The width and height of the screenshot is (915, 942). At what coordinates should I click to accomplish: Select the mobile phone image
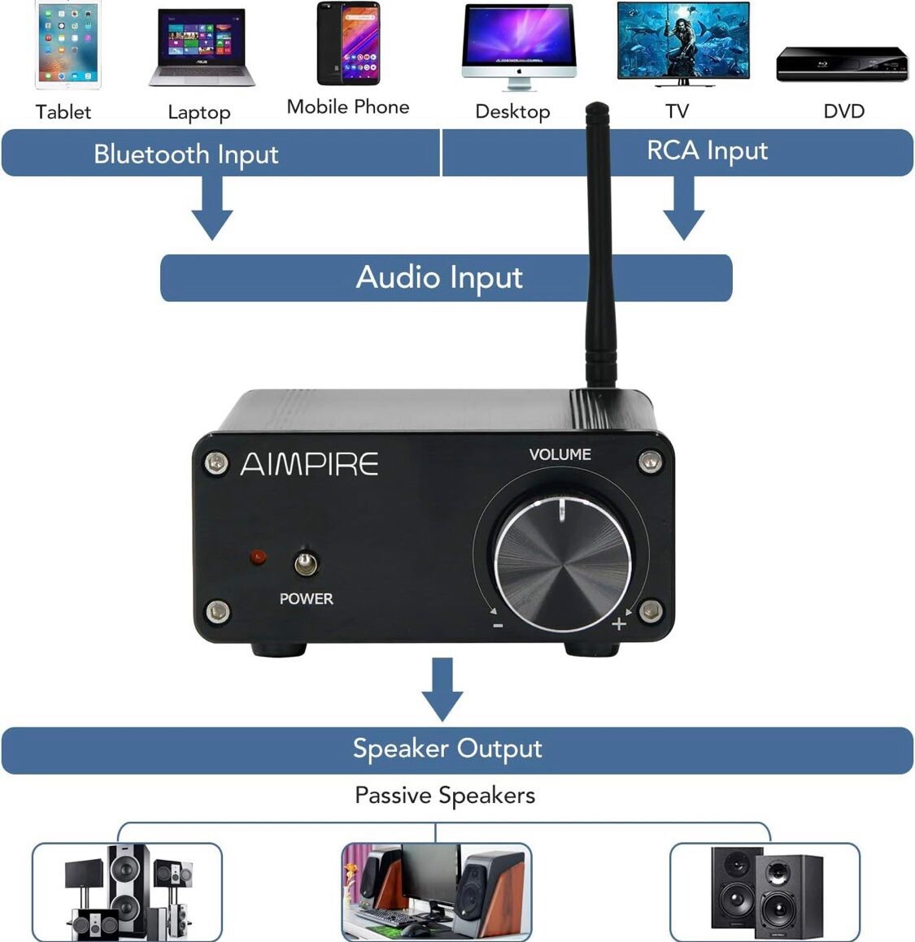pos(348,44)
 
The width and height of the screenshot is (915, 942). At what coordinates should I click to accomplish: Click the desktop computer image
pos(518,45)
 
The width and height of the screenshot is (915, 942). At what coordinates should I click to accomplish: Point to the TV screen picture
pos(682,41)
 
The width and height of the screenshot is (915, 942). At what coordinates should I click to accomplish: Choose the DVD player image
pos(841,63)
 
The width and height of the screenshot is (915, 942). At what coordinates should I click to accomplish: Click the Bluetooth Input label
pos(185,154)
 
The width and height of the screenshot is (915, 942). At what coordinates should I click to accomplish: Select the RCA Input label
pos(707,151)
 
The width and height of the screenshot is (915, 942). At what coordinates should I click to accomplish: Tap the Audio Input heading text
pos(439,278)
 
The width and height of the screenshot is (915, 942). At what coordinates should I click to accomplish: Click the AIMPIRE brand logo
pos(309,464)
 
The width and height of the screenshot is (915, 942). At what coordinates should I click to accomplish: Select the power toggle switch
pos(306,562)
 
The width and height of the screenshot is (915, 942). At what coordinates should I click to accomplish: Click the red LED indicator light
pos(259,558)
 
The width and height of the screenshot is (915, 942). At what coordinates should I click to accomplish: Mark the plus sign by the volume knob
pos(619,623)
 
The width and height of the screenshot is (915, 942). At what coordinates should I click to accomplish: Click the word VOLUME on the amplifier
pos(560,454)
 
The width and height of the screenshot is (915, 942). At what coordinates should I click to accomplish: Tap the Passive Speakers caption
pos(445,795)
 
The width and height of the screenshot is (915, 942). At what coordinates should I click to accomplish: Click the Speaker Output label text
pos(447,749)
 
